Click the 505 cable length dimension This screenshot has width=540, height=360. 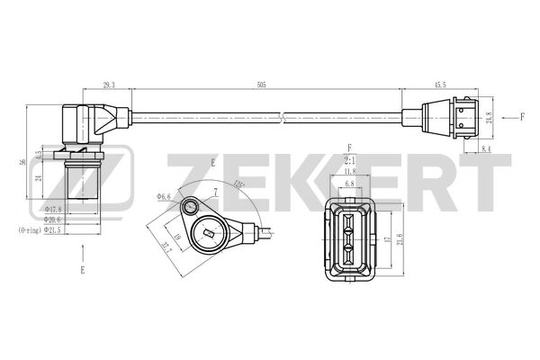(261, 83)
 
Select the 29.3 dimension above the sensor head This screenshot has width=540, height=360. (108, 83)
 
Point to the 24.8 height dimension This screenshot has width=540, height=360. (489, 116)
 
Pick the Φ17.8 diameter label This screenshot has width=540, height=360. (54, 209)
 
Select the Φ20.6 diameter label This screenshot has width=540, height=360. (54, 220)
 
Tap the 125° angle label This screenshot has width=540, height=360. (238, 184)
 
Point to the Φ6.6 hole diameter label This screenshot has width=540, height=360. (164, 195)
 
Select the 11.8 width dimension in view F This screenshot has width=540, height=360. (351, 169)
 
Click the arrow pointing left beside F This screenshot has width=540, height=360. (507, 115)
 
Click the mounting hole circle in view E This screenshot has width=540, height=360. (191, 209)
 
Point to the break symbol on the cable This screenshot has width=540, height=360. (283, 115)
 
